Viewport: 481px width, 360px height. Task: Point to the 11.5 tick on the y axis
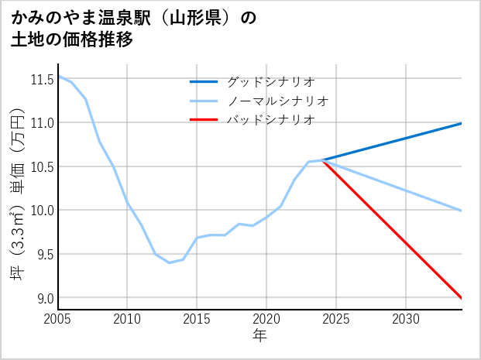pos(41,79)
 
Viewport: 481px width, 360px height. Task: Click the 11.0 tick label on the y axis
pos(41,123)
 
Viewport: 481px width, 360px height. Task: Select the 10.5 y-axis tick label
pos(41,166)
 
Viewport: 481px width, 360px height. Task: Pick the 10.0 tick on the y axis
pos(41,211)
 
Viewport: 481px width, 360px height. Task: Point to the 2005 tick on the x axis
pos(58,319)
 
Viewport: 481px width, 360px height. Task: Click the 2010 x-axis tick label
pos(128,319)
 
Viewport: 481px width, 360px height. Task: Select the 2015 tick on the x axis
pos(198,319)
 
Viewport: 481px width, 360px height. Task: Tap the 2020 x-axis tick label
pos(266,319)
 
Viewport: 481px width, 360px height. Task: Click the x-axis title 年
pos(259,335)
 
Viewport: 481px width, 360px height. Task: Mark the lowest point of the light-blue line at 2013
pos(169,262)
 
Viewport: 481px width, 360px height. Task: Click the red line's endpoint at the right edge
pos(461,297)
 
